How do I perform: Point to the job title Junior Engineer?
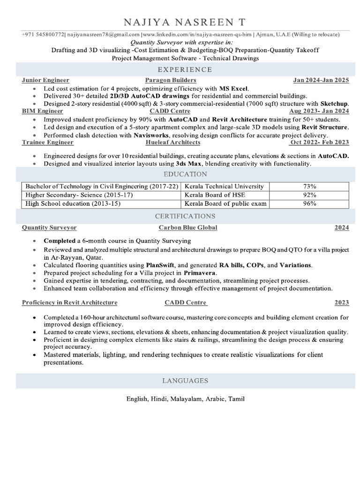(45, 80)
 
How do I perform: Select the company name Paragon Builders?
(171, 80)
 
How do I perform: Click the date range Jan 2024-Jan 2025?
(321, 80)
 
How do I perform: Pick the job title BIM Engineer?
(42, 111)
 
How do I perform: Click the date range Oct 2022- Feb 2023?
(320, 142)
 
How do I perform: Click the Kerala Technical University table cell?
(225, 186)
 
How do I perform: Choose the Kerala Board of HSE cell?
(215, 195)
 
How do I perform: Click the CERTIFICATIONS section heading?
(185, 216)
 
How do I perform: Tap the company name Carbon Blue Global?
(188, 227)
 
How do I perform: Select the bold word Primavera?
(200, 272)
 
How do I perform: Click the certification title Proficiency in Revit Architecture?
(69, 302)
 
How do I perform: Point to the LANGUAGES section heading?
(185, 381)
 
